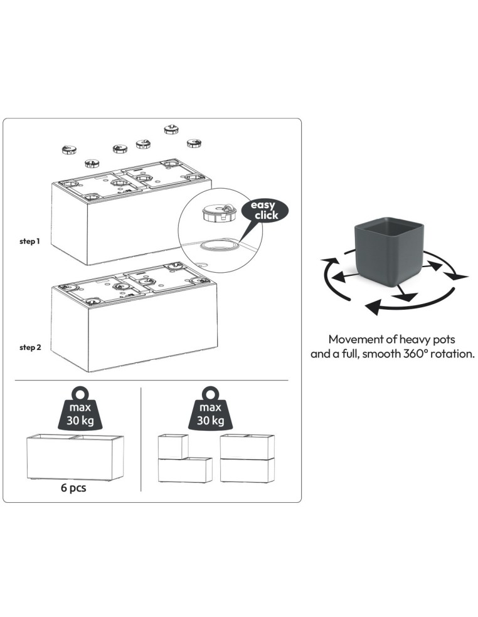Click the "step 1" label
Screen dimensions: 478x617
point(30,241)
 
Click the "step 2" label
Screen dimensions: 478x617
point(30,347)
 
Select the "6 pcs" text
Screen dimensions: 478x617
point(73,488)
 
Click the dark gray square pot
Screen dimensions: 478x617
point(389,249)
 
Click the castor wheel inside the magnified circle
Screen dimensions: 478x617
point(219,213)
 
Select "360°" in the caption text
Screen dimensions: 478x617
point(415,354)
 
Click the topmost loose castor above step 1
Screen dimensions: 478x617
point(171,129)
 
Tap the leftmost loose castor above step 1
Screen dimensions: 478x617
point(69,149)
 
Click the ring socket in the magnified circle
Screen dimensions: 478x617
point(219,246)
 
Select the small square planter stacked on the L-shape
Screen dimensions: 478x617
point(173,446)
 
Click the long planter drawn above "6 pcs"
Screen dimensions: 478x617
point(75,457)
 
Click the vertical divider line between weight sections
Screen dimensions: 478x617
point(141,440)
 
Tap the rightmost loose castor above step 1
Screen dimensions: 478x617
point(194,143)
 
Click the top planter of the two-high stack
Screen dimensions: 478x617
point(247,446)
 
